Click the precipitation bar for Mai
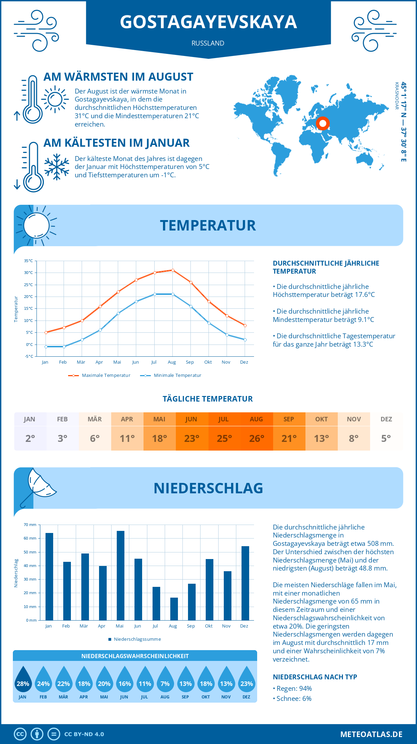(120, 575)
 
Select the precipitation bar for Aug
(174, 609)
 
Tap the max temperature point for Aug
(173, 270)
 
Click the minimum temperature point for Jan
(46, 347)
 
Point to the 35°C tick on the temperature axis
(28, 261)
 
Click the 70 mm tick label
(30, 525)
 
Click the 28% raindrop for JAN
(23, 679)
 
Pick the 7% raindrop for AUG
(165, 679)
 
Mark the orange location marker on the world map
(323, 123)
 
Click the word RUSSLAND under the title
(208, 43)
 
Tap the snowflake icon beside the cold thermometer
(57, 167)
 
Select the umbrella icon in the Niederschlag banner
(38, 487)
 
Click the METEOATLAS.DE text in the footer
(371, 734)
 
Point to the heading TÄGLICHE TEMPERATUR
(208, 399)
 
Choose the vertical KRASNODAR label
(396, 96)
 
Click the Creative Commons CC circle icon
(20, 734)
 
